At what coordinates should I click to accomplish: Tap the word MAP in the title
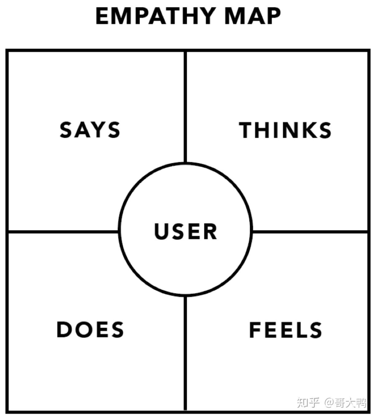coord(253,16)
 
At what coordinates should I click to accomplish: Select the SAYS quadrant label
coord(90,130)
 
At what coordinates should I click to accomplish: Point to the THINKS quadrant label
coord(285,130)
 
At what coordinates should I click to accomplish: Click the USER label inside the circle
coord(186,231)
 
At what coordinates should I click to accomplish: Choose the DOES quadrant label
coord(90,330)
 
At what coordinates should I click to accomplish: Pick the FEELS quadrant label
coord(285,330)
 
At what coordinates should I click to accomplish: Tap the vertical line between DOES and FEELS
coord(185,353)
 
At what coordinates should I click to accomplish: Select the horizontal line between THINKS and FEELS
coord(310,231)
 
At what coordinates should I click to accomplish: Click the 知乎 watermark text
coord(308,402)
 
